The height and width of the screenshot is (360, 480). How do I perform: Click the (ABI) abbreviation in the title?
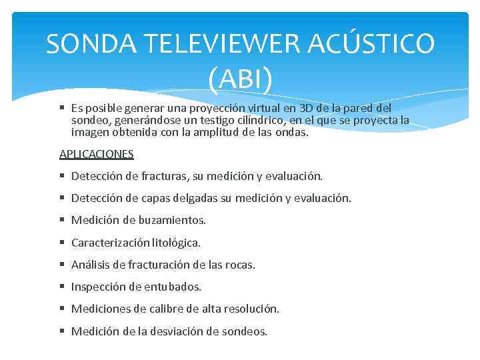[240, 79]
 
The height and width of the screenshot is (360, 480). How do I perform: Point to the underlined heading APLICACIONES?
[97, 154]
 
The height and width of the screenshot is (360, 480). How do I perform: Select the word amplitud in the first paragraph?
[215, 132]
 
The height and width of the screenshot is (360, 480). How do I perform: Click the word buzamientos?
[172, 220]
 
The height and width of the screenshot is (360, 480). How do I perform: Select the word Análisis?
[91, 265]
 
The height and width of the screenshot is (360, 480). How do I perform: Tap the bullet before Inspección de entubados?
[61, 287]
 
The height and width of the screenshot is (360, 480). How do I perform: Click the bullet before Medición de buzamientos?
[61, 220]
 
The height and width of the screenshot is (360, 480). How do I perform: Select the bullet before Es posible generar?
[61, 108]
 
